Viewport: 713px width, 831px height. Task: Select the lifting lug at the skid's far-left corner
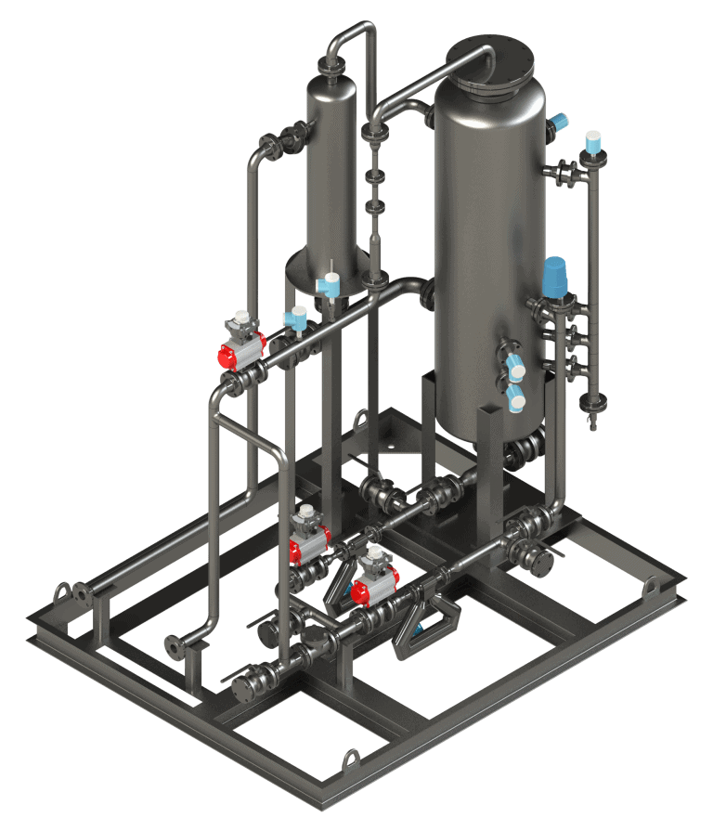[x=63, y=591]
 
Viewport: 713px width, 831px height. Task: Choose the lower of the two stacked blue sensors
[x=514, y=398]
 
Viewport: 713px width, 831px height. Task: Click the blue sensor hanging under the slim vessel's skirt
[x=329, y=287]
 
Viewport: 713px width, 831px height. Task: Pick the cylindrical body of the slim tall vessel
[x=331, y=167]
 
